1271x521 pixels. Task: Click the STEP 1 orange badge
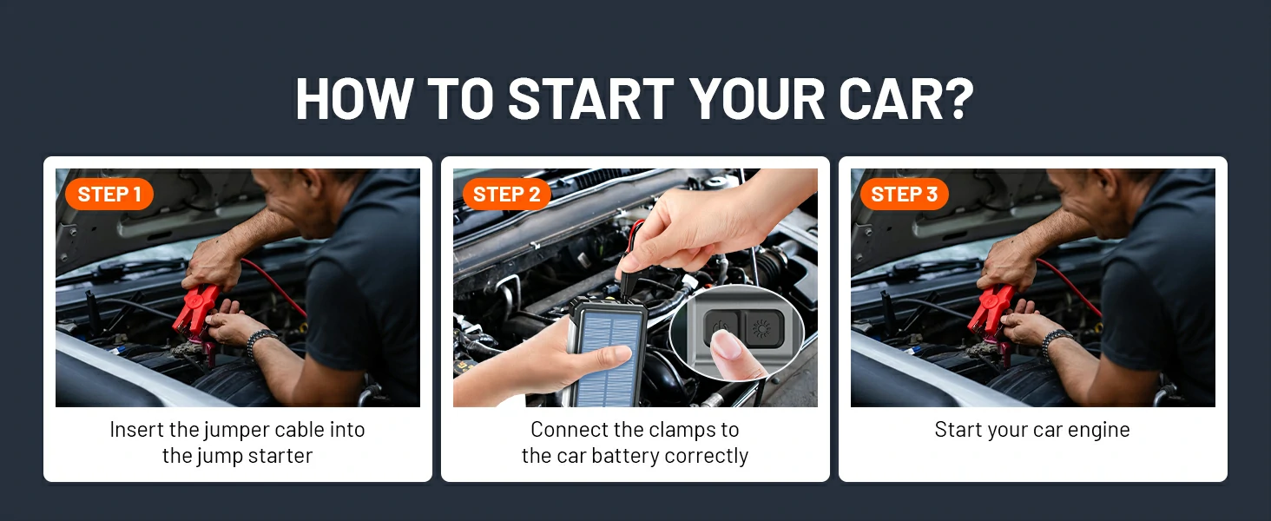[x=109, y=195]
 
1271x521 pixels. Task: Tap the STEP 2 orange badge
[x=507, y=195]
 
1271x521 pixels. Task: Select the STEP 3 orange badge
[x=905, y=195]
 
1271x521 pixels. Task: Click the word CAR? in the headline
[x=906, y=98]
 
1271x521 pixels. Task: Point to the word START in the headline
[x=590, y=98]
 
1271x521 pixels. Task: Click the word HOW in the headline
[x=353, y=98]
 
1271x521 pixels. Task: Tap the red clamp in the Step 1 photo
[x=195, y=311]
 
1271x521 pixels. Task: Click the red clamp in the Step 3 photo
[x=991, y=311]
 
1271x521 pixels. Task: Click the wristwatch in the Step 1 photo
[x=260, y=341]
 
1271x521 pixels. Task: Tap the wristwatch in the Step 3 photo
[x=1056, y=341]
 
